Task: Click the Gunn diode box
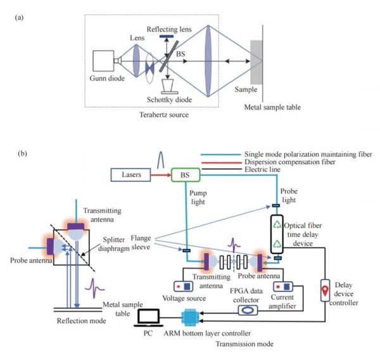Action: [x=103, y=61]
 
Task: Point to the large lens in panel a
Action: [x=207, y=61]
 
